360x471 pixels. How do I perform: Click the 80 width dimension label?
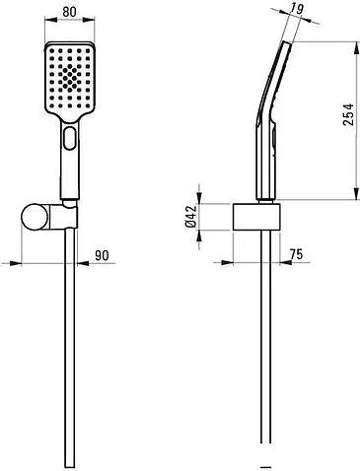pyautogui.click(x=69, y=12)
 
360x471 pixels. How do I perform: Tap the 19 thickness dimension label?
pyautogui.click(x=296, y=9)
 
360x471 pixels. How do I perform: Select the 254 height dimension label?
pyautogui.click(x=348, y=114)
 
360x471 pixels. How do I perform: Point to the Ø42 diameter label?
pyautogui.click(x=191, y=216)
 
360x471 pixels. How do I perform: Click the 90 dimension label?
pyautogui.click(x=102, y=255)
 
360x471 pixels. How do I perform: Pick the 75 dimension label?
pyautogui.click(x=296, y=254)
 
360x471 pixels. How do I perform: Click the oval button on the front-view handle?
pyautogui.click(x=70, y=138)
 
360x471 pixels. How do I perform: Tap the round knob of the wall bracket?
pyautogui.click(x=35, y=217)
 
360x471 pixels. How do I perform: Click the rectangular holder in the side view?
pyautogui.click(x=256, y=217)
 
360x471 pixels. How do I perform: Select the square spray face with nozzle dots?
pyautogui.click(x=69, y=78)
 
